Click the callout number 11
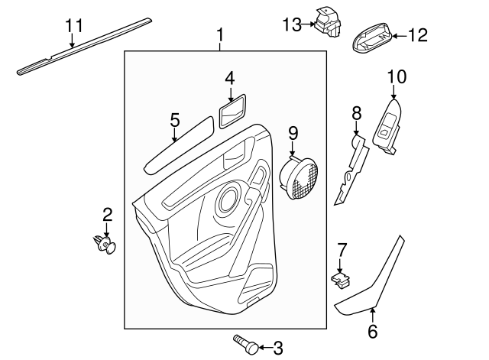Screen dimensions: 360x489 73,25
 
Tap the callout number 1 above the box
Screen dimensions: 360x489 221,34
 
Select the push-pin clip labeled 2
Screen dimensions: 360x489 105,244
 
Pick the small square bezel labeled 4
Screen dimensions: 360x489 232,112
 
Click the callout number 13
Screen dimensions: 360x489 293,25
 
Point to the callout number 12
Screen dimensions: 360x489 418,34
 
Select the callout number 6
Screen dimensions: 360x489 373,331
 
